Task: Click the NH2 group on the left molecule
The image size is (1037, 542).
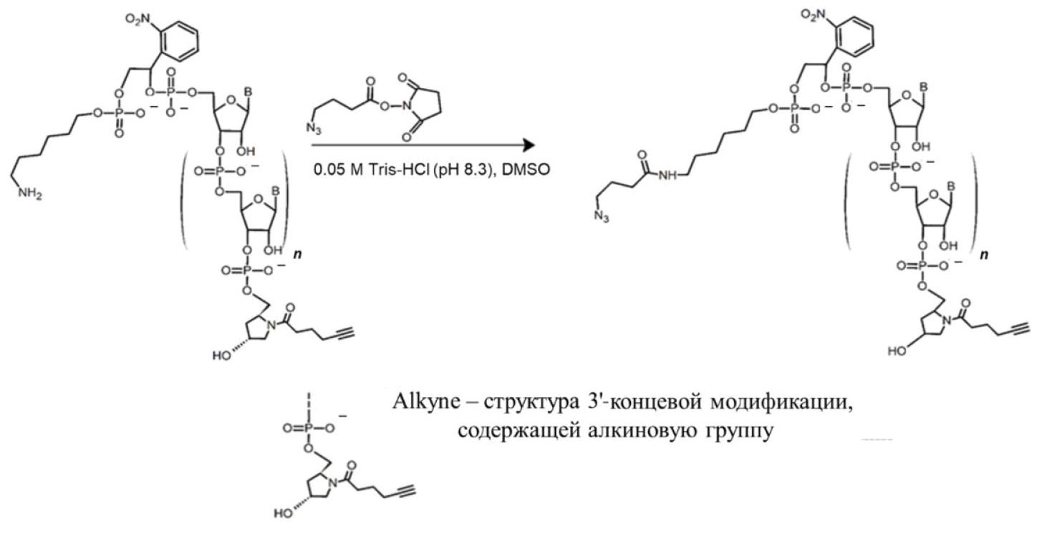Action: [x=29, y=193]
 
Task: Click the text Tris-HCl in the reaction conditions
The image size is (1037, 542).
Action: [x=399, y=170]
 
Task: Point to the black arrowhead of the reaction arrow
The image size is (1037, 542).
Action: [x=529, y=145]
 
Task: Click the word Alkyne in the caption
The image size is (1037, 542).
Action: [x=426, y=402]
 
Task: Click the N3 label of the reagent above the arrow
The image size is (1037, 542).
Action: [x=314, y=128]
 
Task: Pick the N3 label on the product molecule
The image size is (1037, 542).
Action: [x=602, y=216]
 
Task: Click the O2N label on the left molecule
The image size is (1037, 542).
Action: [x=138, y=19]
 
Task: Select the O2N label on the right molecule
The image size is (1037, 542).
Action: [x=814, y=15]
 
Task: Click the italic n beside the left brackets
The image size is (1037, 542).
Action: [x=297, y=255]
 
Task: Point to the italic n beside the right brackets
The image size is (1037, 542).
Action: [x=984, y=255]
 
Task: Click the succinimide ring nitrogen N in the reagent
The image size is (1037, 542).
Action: [x=407, y=107]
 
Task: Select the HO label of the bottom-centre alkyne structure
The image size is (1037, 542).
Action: [x=283, y=513]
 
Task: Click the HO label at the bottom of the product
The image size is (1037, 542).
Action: [x=897, y=351]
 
